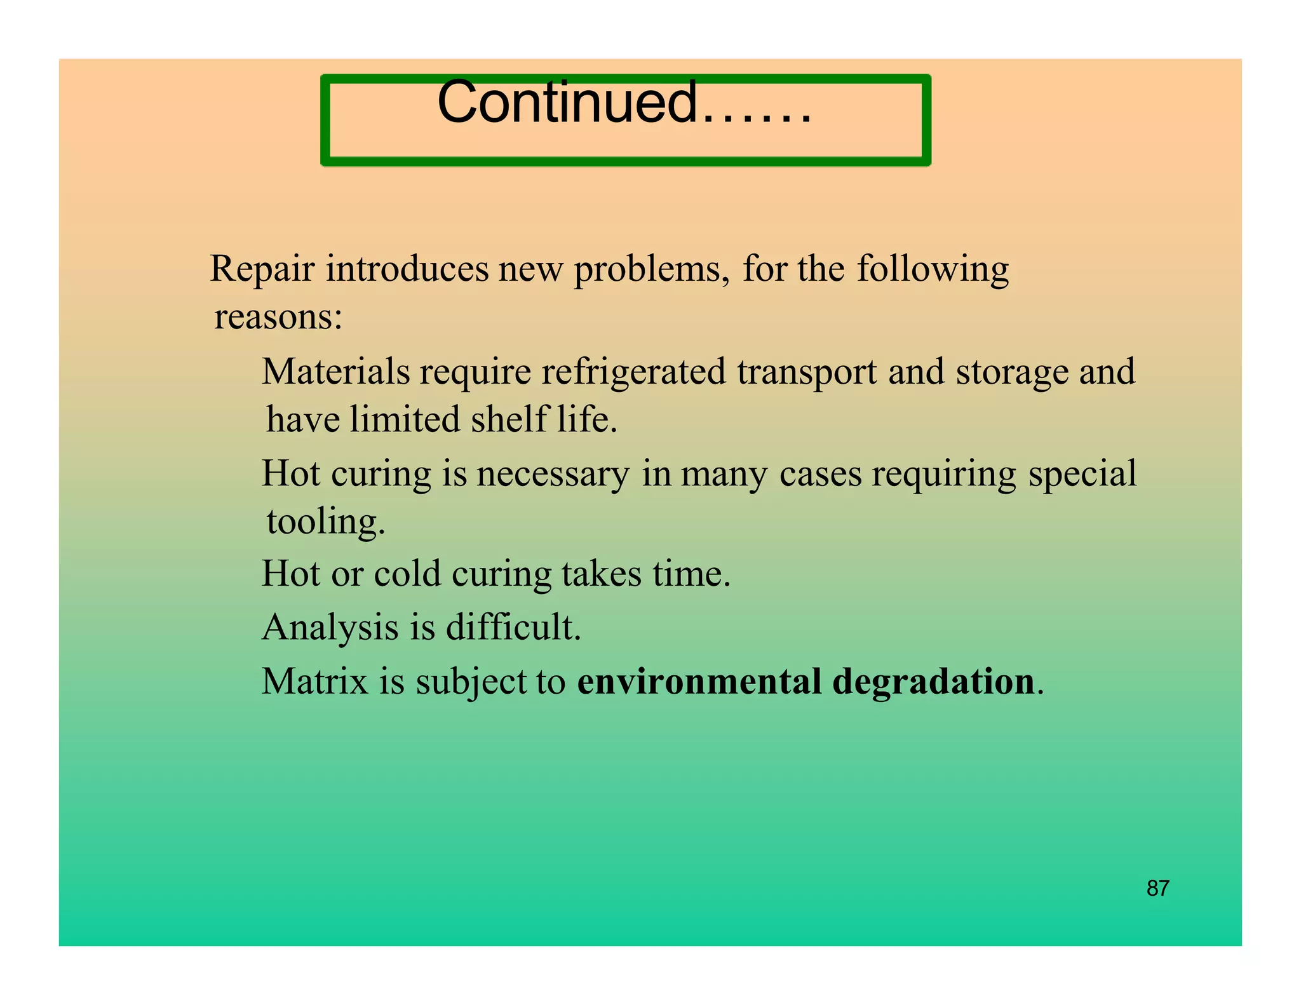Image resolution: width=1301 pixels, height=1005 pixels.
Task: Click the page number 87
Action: pyautogui.click(x=1157, y=888)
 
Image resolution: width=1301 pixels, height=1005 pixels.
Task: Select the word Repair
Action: pyautogui.click(x=262, y=269)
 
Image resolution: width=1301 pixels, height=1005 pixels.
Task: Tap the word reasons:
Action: pyautogui.click(x=278, y=316)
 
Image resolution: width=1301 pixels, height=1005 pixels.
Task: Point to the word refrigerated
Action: pyautogui.click(x=633, y=372)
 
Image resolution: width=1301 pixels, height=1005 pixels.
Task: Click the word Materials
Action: pyautogui.click(x=335, y=372)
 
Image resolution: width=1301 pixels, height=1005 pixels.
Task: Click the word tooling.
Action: pyautogui.click(x=325, y=522)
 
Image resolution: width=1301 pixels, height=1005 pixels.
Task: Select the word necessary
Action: pyautogui.click(x=553, y=474)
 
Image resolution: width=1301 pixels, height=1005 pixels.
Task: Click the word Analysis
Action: pyautogui.click(x=330, y=628)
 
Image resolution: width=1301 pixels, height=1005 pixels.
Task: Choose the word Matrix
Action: pyautogui.click(x=315, y=682)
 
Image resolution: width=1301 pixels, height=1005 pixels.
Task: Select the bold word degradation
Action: pyautogui.click(x=933, y=682)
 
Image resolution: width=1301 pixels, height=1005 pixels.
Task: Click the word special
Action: pyautogui.click(x=1082, y=474)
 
